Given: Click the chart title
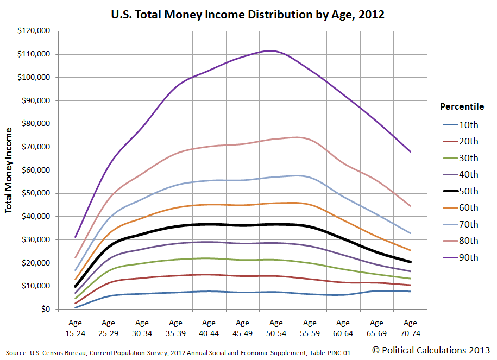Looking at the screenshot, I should (248, 15).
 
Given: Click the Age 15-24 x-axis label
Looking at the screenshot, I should (75, 327).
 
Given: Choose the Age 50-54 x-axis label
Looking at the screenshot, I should (276, 327).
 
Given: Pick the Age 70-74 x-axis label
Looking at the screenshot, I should (410, 327).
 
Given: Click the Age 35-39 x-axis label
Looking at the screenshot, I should (175, 327).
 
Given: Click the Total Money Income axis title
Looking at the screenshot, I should (9, 170).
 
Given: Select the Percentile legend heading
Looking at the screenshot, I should (462, 106).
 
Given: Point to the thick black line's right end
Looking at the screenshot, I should (410, 262).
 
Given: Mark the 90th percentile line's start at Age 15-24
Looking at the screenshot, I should (75, 237).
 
